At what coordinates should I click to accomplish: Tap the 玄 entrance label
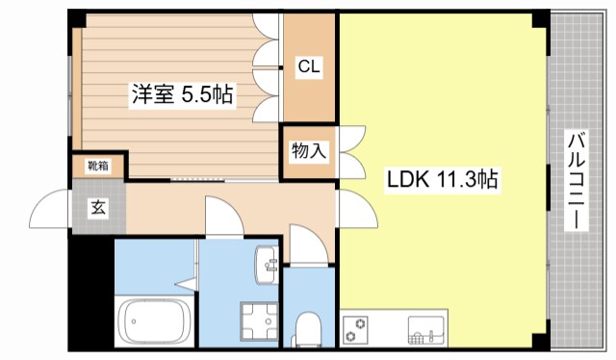click(x=97, y=205)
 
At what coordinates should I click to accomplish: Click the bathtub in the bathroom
click(x=154, y=321)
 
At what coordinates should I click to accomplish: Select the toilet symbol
click(x=309, y=328)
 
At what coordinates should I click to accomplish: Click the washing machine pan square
click(x=258, y=321)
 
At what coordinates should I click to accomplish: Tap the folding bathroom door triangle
click(x=186, y=286)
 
